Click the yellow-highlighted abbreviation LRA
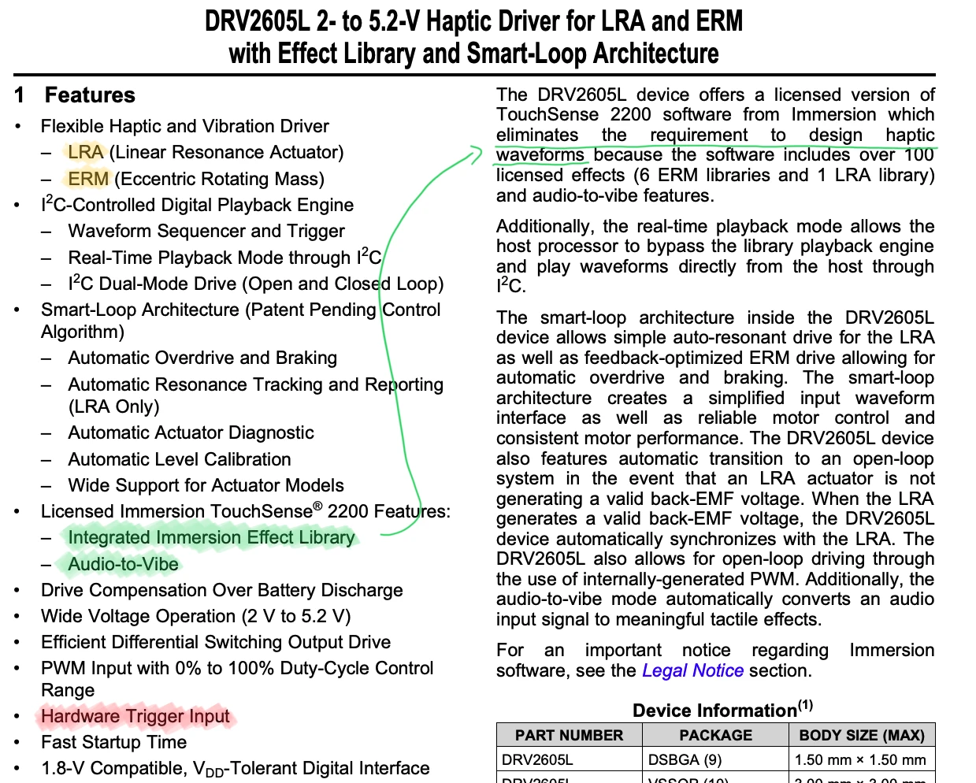click(85, 152)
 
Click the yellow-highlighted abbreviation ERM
click(88, 179)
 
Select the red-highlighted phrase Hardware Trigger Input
click(135, 716)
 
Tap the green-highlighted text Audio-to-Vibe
click(123, 564)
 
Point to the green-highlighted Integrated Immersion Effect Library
click(211, 537)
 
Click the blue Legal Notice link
click(692, 670)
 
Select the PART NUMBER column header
click(569, 735)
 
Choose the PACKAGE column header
click(715, 735)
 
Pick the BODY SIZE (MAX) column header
click(862, 735)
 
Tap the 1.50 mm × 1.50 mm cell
click(860, 760)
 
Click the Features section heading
click(90, 95)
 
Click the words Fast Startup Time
click(114, 742)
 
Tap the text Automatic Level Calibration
click(180, 459)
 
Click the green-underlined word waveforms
click(540, 154)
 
